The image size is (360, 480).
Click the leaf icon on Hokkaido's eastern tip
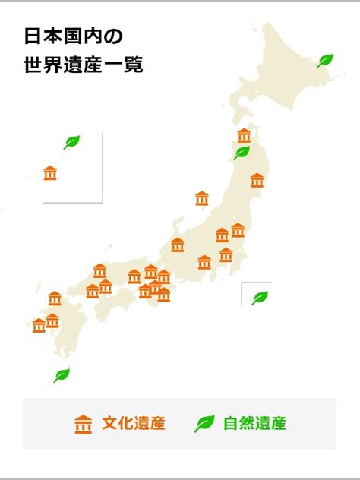click(x=325, y=61)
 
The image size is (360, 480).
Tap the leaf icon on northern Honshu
click(x=242, y=153)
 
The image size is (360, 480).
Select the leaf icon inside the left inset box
click(x=71, y=142)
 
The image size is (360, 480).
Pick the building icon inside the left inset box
click(x=50, y=173)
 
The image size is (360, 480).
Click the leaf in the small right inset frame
click(x=260, y=297)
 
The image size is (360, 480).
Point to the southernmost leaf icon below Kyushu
click(x=62, y=375)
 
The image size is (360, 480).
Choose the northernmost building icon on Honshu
click(x=244, y=135)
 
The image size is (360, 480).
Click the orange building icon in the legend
click(x=83, y=424)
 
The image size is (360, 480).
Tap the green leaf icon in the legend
click(x=204, y=424)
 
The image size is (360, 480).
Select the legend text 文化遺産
click(x=133, y=424)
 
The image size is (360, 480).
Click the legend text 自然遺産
click(x=254, y=424)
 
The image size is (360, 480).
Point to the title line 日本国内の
click(x=73, y=36)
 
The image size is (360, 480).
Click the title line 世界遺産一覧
click(x=84, y=65)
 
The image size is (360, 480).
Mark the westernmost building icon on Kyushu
click(x=39, y=326)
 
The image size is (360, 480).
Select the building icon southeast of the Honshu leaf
click(x=257, y=181)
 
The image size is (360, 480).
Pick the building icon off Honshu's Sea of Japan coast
click(x=202, y=198)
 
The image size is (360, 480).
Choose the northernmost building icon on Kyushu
click(x=55, y=298)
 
